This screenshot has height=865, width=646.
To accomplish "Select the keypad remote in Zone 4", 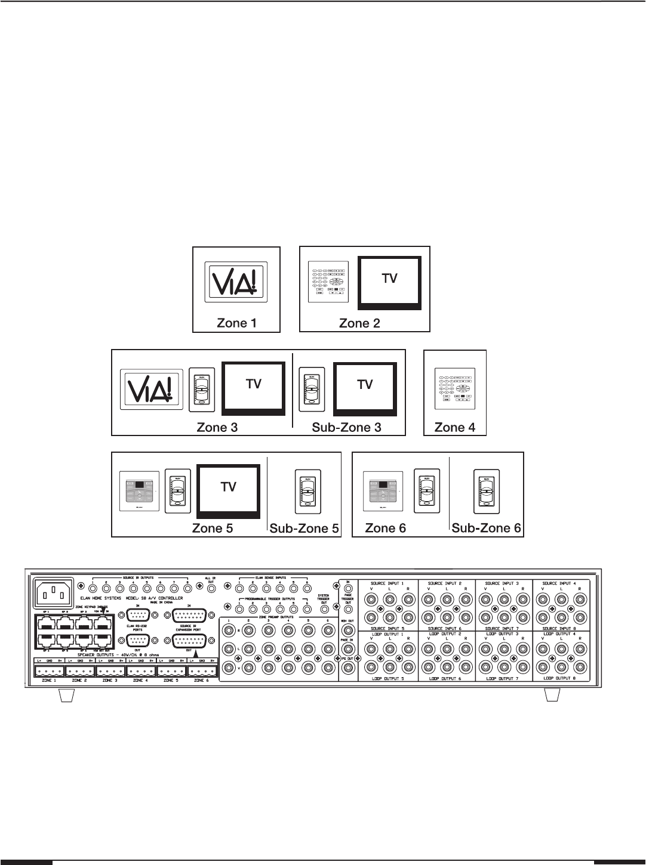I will coord(454,392).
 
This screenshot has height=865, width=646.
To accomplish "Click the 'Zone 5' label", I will coord(213,528).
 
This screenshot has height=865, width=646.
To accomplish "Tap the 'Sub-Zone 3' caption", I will coord(347,427).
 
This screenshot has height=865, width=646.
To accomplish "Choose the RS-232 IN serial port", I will coord(137,614).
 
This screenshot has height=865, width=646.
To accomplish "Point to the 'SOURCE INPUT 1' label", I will coord(387,583).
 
